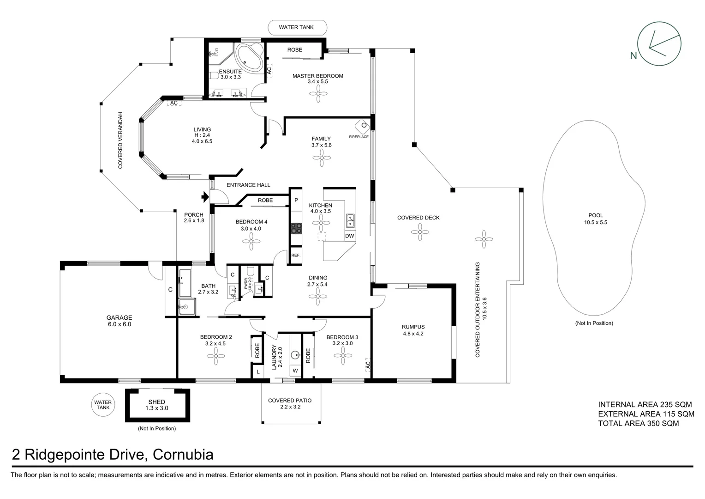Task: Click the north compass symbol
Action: tap(658, 44)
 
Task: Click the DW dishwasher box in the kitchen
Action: tap(350, 236)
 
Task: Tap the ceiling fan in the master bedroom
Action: tap(318, 96)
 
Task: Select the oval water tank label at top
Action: tap(297, 27)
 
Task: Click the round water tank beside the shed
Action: tap(103, 405)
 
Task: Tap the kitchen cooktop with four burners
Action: tap(296, 228)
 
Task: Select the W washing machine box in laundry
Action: tap(295, 371)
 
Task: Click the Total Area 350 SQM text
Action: tap(638, 423)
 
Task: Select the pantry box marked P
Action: tap(296, 200)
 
